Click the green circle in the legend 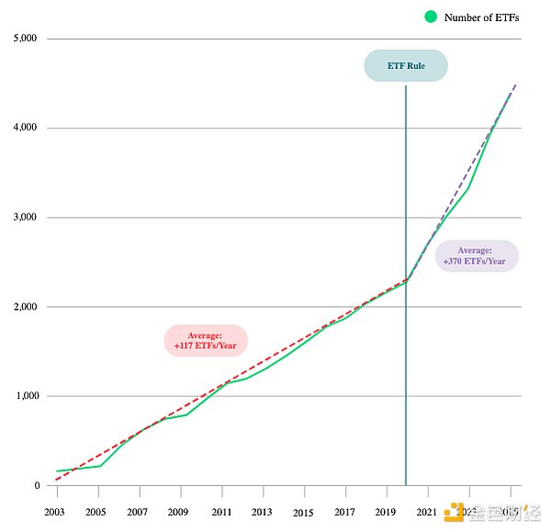tap(430, 17)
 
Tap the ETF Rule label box tap(406, 66)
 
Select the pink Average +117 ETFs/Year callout tap(206, 341)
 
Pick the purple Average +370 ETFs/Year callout tap(476, 255)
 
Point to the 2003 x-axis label tap(54, 511)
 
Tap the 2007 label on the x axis tap(138, 511)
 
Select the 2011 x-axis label tap(221, 511)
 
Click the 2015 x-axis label tap(303, 511)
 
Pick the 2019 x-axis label tap(386, 511)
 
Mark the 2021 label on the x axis tap(427, 511)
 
